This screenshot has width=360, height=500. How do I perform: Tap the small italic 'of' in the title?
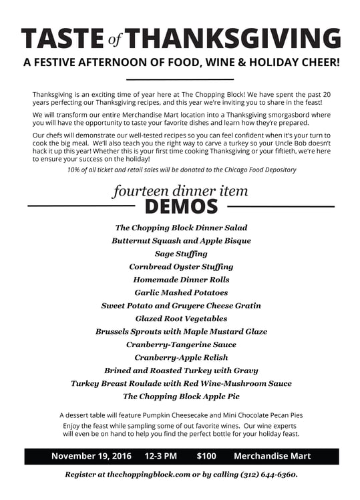115,41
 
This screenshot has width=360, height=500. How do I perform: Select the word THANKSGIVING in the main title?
232,39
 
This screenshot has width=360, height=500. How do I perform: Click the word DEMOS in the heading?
181,206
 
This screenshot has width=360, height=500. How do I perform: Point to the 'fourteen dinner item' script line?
180,191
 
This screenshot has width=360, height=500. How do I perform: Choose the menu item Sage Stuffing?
181,254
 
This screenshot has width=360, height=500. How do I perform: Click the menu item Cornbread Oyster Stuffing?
181,266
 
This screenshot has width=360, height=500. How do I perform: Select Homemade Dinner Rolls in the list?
181,280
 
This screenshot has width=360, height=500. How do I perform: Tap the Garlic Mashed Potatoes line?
181,292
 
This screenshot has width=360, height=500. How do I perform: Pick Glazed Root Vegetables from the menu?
181,318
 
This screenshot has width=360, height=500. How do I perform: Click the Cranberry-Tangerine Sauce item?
181,344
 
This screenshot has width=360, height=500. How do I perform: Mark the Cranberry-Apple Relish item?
181,357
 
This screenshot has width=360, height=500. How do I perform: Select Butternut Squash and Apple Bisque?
181,240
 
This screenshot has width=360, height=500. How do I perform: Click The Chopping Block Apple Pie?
181,396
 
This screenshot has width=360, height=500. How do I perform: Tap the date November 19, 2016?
92,457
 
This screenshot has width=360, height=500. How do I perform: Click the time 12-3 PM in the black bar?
160,457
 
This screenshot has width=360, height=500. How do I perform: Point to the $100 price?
206,457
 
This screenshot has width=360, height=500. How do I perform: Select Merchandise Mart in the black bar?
272,457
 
